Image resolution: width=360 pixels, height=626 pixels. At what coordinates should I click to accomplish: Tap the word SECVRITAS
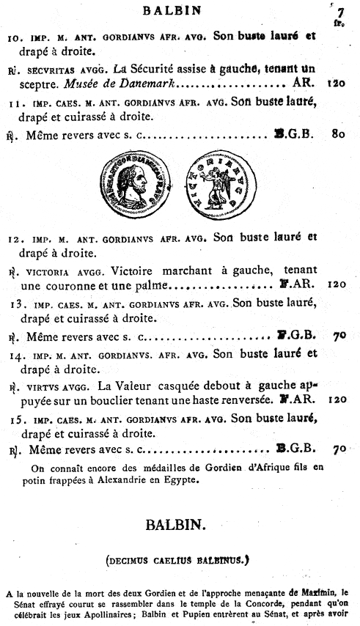tap(47, 70)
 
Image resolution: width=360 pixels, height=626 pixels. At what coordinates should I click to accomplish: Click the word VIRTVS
tap(43, 386)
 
